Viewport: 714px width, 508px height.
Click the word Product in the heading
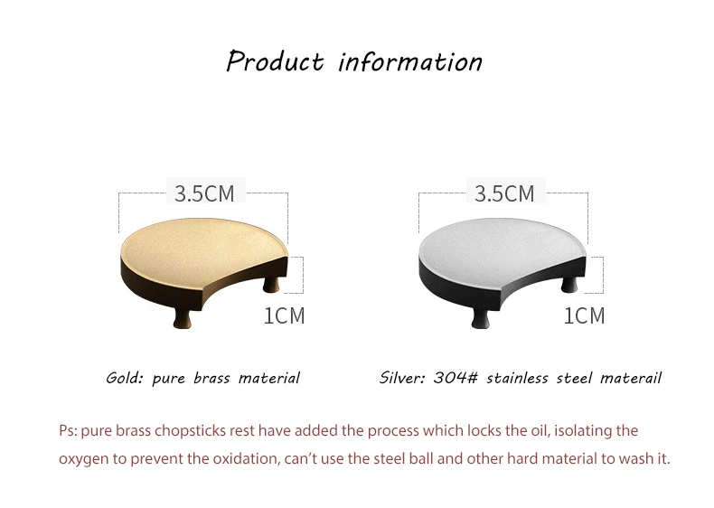coord(275,61)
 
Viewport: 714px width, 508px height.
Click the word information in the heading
coord(410,62)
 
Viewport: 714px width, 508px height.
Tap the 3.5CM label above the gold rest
coord(205,193)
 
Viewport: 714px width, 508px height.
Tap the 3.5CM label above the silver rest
coord(504,193)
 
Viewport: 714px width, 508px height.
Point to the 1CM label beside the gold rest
coord(284,315)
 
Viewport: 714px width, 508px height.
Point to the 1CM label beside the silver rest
coord(584,315)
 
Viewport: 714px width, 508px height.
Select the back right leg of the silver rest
coord(569,284)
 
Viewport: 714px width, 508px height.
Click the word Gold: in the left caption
coord(125,378)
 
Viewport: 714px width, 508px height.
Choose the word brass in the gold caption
coord(211,378)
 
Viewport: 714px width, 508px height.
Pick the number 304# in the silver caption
coord(456,378)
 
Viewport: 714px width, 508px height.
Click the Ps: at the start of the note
coord(68,430)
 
